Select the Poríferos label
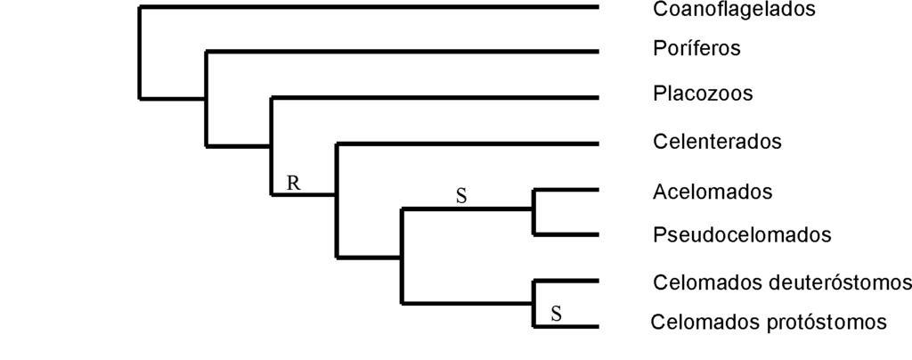[696, 48]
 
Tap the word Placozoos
[702, 94]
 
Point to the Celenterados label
[716, 142]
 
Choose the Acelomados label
[712, 192]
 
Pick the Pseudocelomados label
[741, 235]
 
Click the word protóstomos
[827, 322]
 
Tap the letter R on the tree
[293, 184]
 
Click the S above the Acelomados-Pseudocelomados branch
[461, 197]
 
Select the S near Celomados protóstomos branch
[556, 314]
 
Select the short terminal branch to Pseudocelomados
[566, 234]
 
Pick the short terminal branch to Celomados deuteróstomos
[566, 282]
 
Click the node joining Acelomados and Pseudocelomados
[533, 210]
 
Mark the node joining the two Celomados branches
[533, 304]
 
